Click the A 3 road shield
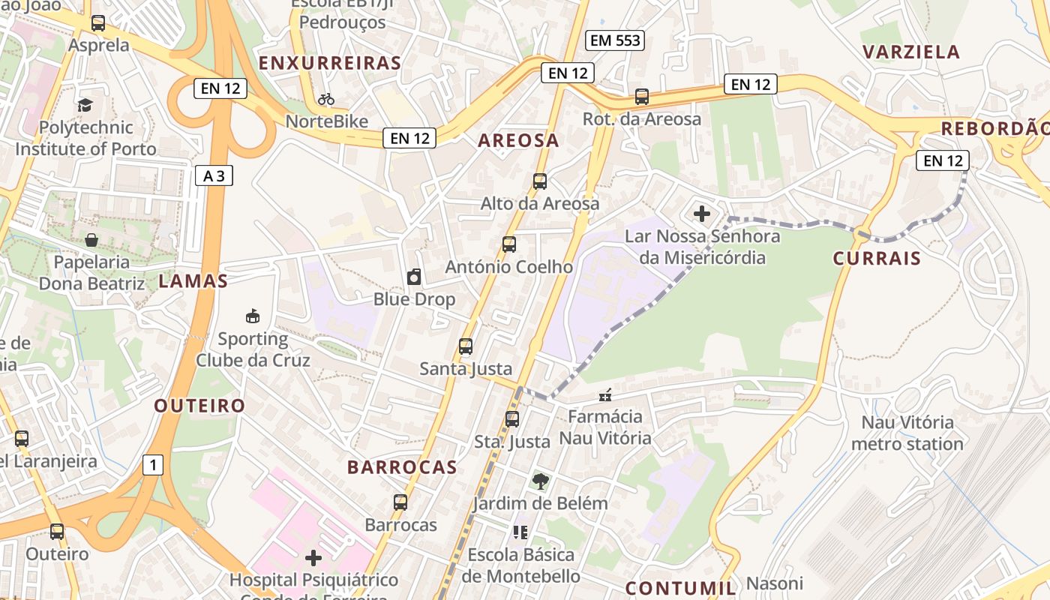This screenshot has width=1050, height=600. pos(214,176)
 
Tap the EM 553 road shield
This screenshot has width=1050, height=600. pos(616,40)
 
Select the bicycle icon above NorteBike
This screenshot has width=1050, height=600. pos(326,99)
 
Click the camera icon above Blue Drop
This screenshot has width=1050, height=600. pos(414,277)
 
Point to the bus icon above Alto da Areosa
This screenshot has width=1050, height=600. pos(540,181)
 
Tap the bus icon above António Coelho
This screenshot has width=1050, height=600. pos(509,244)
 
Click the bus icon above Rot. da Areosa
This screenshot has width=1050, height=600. pos(642,96)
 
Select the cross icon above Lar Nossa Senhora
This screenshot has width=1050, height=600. pos(702,214)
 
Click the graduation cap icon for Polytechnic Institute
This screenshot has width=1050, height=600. pos(85,105)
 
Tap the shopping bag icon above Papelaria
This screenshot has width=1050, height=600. pos(91,240)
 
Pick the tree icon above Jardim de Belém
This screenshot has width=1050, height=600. pos(540,481)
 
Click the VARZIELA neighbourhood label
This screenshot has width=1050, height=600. pos(911,52)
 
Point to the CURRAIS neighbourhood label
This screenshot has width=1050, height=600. pos(877,259)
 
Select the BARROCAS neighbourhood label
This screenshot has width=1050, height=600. pos(402,467)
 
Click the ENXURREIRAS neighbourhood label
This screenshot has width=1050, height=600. pos(330,64)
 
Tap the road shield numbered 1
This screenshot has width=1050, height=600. pos(153,466)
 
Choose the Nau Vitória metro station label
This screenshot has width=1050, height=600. pos(907,433)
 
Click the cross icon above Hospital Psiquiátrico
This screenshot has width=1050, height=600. pos(313,558)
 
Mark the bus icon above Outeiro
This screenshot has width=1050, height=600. pos(57,532)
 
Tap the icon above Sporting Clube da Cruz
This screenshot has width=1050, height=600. pos(253,316)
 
